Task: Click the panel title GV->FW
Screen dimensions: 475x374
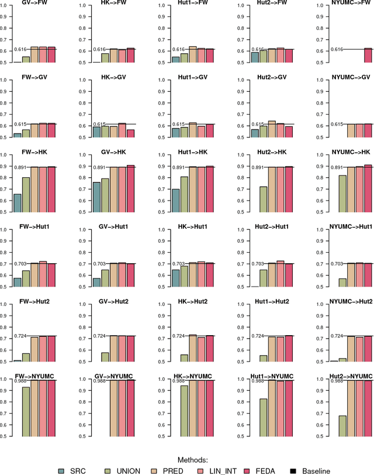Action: (x=34, y=3)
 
